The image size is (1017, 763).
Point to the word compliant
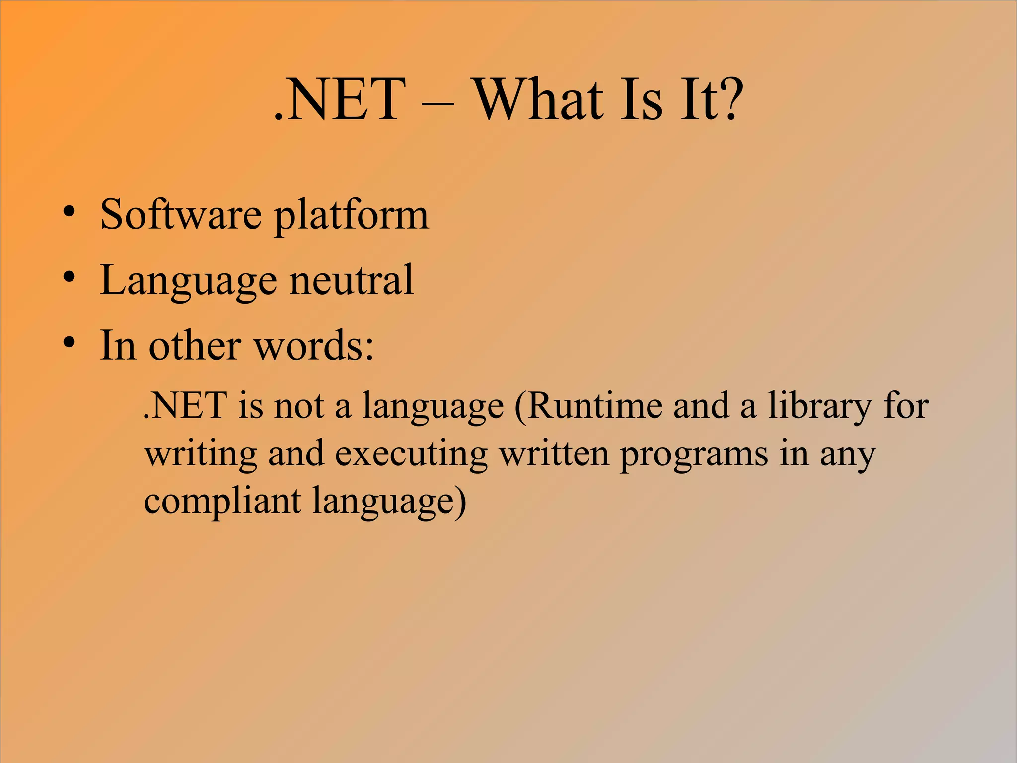tap(222, 502)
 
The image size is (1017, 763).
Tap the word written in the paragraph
tap(554, 453)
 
